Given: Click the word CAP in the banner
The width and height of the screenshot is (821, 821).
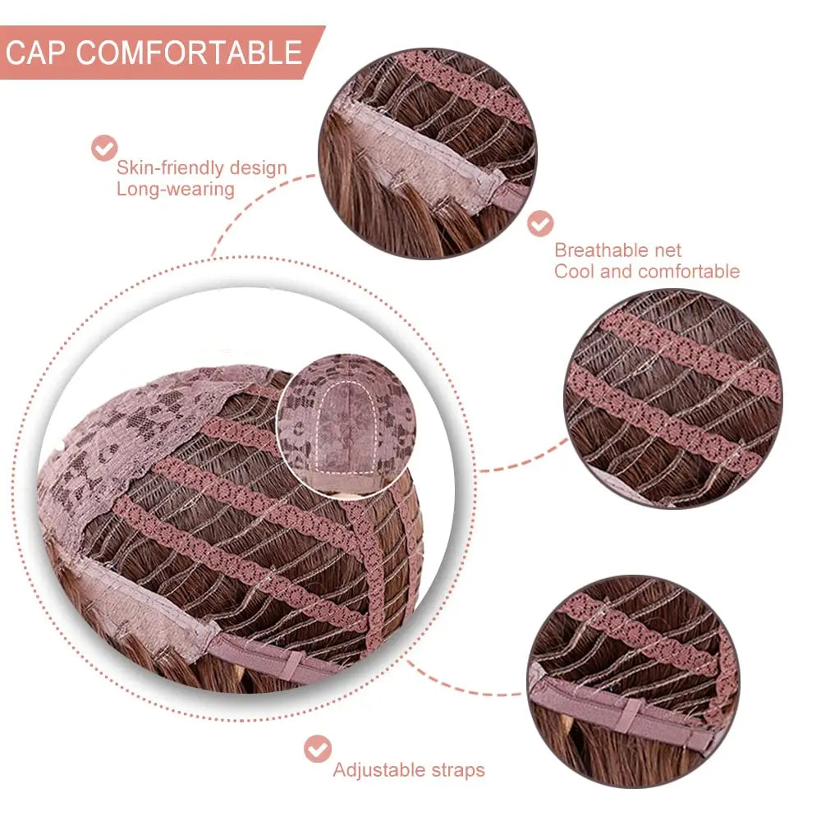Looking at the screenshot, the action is (x=35, y=53).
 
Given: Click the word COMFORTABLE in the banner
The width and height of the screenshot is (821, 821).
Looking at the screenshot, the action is (x=189, y=53).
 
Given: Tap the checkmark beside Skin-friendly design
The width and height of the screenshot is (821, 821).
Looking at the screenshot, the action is (x=104, y=148).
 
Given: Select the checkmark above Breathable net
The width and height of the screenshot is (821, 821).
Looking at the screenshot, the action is (x=540, y=224).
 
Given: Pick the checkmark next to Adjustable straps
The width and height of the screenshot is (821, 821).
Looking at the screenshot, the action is (x=317, y=749).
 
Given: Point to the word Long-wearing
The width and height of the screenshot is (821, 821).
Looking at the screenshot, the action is (x=176, y=189).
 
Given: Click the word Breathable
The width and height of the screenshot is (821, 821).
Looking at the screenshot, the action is (x=602, y=250).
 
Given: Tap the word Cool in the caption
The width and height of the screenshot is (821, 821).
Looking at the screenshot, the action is (x=575, y=271).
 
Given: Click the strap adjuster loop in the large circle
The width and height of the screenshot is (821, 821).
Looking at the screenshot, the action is (x=294, y=664).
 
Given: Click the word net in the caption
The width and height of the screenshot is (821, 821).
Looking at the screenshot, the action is (x=667, y=250).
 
